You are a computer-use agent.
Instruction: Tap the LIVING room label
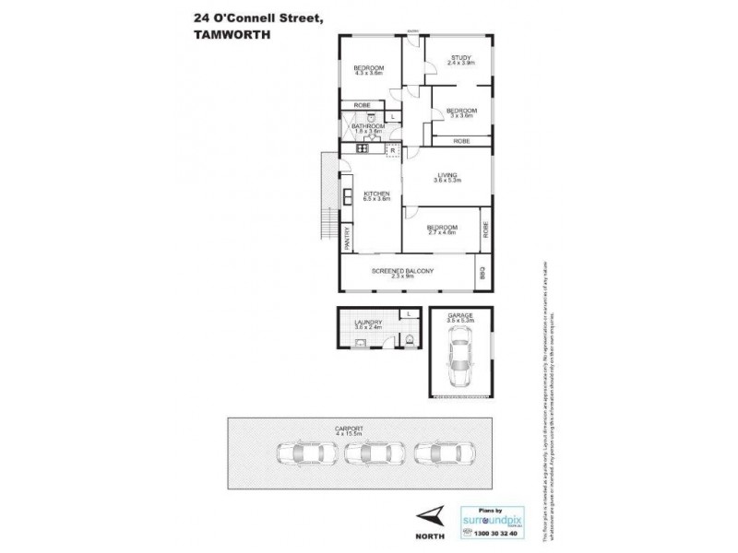click(446, 174)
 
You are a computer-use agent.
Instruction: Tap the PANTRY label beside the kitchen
click(347, 240)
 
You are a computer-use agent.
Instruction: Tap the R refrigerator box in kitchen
click(392, 148)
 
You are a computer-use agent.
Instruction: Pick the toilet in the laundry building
click(407, 343)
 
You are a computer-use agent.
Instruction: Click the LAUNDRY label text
click(367, 322)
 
